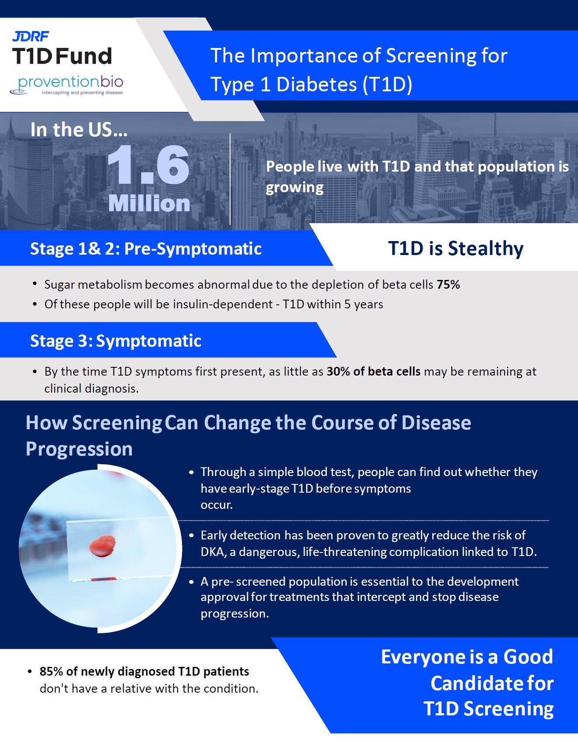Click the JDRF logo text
point(31,36)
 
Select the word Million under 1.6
point(149,204)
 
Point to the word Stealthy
point(485,249)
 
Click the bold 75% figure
point(448,285)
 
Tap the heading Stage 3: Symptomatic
point(116,341)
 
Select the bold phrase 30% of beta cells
point(373,372)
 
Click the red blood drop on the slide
point(102,546)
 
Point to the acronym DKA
point(213,552)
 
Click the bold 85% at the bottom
point(51,671)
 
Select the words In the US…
point(79,130)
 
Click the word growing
point(295,187)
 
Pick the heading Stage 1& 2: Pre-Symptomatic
point(146,249)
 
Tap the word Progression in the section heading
point(79,449)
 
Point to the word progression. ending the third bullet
point(234,614)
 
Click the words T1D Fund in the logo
point(62,56)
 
